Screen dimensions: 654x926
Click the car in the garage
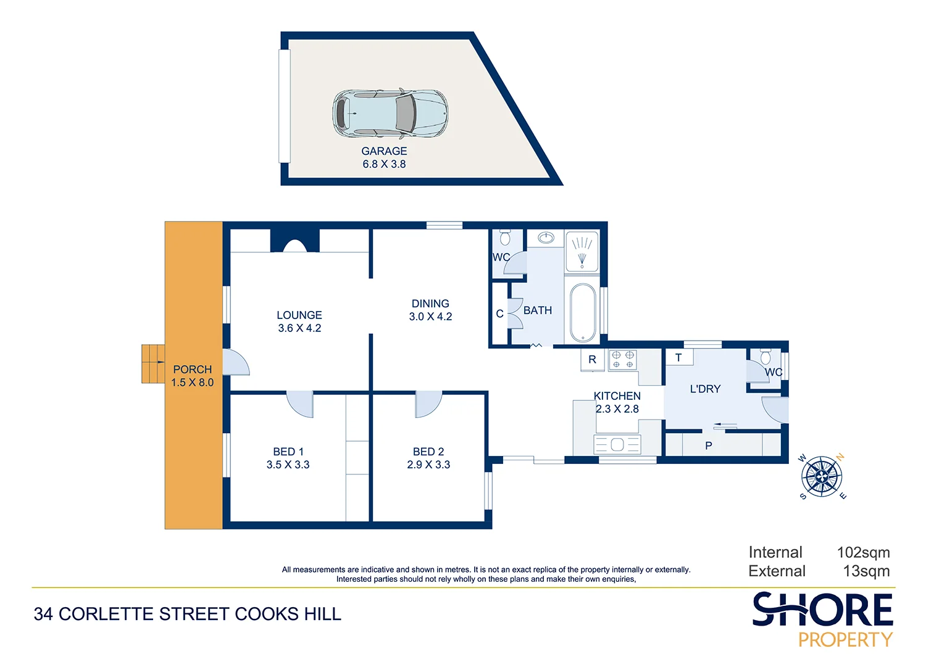[x=390, y=114]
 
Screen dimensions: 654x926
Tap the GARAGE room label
[x=384, y=151]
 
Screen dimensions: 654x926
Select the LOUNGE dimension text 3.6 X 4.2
[x=299, y=328]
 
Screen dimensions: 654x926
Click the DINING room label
[x=430, y=304]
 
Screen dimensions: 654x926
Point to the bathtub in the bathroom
[x=582, y=312]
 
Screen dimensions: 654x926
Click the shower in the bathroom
[x=582, y=250]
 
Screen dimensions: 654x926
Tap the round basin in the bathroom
[x=546, y=238]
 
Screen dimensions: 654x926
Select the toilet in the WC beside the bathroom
[x=505, y=238]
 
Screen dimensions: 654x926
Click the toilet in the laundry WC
[x=765, y=357]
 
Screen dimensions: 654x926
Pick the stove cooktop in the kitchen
[x=622, y=360]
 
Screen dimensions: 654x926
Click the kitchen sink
[x=617, y=444]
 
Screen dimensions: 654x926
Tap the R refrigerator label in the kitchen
[x=592, y=360]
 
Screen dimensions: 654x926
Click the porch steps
[x=153, y=363]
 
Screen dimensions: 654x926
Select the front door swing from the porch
[x=235, y=363]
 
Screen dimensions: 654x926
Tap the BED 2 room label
[x=428, y=452]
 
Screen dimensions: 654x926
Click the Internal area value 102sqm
[x=863, y=552]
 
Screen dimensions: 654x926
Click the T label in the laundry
[x=678, y=357]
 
